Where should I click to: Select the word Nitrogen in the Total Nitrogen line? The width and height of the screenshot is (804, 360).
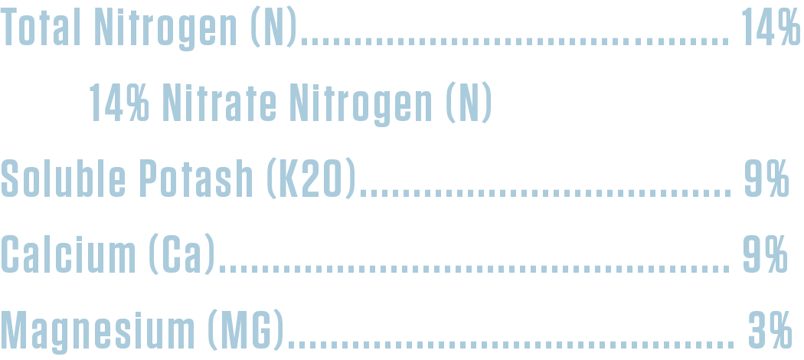[165, 28]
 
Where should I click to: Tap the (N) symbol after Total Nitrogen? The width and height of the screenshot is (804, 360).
[274, 27]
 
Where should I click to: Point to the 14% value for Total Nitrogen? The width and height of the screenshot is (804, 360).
[770, 26]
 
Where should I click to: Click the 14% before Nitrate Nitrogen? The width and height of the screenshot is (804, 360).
[119, 102]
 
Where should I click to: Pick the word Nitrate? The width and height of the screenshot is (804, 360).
[219, 102]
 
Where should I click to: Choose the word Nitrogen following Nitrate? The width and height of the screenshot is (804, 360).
[361, 105]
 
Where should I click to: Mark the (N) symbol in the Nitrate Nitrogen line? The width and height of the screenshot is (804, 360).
[469, 103]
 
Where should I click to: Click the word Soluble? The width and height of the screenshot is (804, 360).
[63, 178]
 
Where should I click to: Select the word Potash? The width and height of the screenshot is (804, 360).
[196, 178]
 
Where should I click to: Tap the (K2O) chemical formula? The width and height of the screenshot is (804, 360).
[311, 178]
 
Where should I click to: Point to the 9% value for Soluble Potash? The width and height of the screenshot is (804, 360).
[766, 178]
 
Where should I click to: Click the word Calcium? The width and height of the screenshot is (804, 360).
[68, 254]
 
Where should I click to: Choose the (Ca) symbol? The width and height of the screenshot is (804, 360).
[182, 254]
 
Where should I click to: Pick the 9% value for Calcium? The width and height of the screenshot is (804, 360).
[765, 254]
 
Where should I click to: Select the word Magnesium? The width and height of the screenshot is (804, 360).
[97, 332]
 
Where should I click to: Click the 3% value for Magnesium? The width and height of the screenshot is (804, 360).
[770, 329]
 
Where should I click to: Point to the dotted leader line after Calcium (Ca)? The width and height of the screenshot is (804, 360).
[474, 269]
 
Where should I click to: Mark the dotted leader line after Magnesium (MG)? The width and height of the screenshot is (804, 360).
[511, 345]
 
